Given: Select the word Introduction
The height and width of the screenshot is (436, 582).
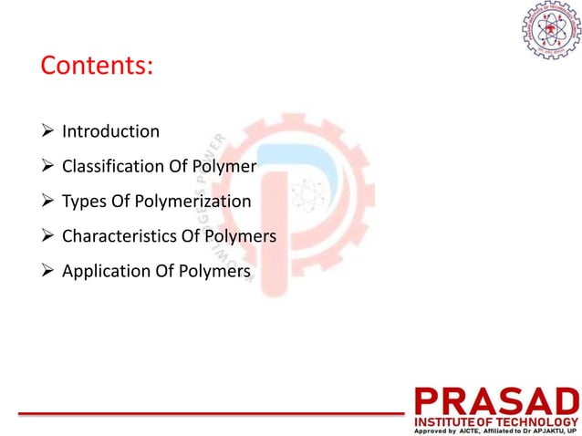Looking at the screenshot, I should (x=110, y=131).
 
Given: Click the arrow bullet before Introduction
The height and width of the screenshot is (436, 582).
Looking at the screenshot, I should (x=48, y=131).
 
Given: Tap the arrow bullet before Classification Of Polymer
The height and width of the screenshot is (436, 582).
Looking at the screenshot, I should (x=48, y=167).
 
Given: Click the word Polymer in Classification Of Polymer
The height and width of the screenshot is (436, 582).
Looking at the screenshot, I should (x=223, y=167).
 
